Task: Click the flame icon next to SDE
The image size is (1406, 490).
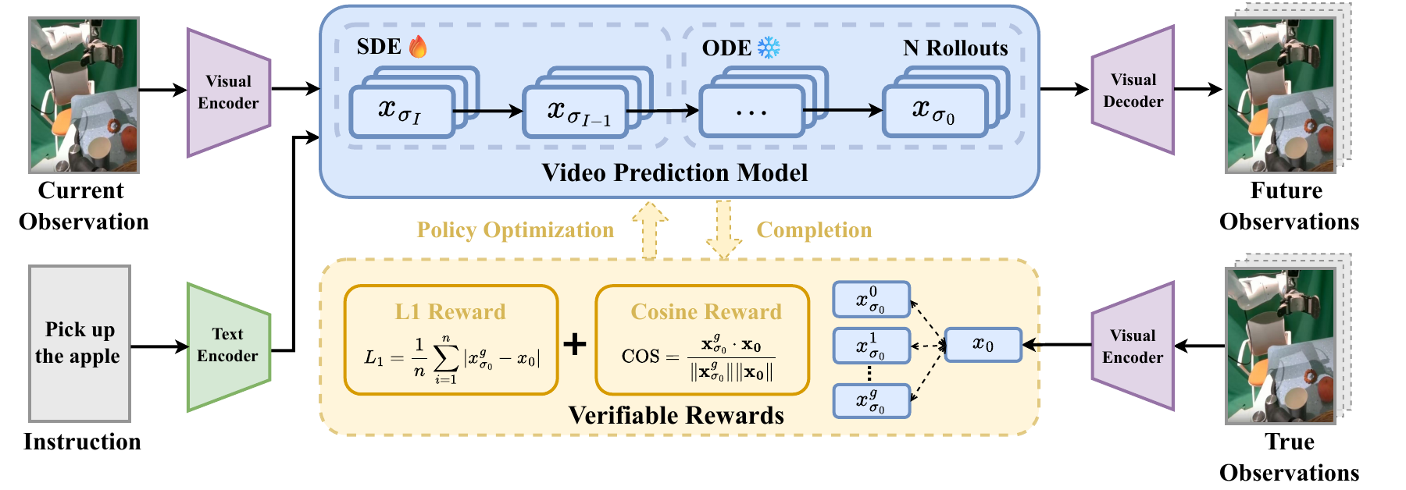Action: [x=418, y=47]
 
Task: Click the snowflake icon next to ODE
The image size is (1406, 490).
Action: [x=769, y=48]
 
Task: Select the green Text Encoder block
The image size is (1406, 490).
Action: [x=228, y=346]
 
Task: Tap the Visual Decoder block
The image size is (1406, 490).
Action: [x=1133, y=91]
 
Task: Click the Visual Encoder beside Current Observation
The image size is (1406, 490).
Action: [x=228, y=92]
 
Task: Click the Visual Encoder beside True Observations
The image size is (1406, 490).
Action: [x=1133, y=346]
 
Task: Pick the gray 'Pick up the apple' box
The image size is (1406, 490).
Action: [x=80, y=343]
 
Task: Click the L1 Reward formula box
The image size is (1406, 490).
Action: [x=451, y=340]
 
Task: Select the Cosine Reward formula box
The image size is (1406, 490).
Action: [x=702, y=340]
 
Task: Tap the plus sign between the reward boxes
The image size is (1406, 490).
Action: [x=575, y=344]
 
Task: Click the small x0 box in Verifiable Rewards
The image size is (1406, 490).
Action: [x=983, y=345]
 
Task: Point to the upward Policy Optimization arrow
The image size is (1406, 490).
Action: [x=649, y=229]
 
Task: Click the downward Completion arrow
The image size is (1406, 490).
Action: [x=723, y=229]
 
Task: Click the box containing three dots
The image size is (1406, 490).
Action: [x=752, y=112]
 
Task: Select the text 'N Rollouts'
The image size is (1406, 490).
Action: [x=955, y=48]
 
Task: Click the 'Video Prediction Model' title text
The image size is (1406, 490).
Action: [x=675, y=172]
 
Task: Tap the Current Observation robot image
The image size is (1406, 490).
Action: [x=84, y=95]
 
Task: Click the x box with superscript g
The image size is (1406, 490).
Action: [x=871, y=401]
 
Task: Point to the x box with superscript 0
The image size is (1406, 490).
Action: [x=871, y=300]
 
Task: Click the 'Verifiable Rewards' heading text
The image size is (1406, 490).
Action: [x=676, y=415]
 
